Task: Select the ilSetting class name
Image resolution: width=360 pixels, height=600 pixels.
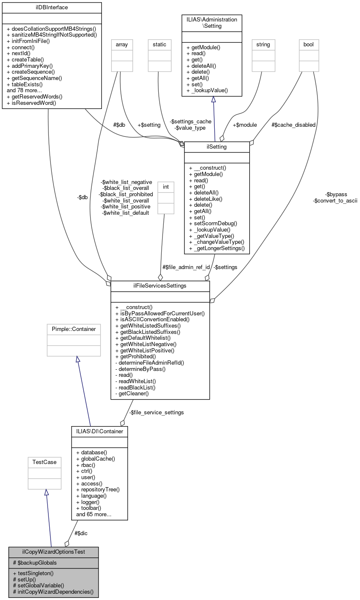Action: (x=217, y=147)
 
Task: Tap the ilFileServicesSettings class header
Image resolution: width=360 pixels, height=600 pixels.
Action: (x=160, y=286)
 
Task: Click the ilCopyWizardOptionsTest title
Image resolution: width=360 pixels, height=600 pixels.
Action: (x=53, y=552)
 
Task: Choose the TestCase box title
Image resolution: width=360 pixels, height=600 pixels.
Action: (x=45, y=462)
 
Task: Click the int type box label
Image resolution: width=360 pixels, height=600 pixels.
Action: (x=165, y=186)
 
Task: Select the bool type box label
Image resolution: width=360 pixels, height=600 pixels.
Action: (x=309, y=44)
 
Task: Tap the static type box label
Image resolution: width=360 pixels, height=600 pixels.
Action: (x=160, y=44)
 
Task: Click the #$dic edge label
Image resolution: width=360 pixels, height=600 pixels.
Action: (x=81, y=533)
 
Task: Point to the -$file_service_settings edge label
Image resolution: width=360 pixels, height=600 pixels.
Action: (x=156, y=412)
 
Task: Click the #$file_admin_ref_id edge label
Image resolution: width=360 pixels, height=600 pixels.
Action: (x=186, y=267)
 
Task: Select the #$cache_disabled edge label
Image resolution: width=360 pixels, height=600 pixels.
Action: (x=293, y=125)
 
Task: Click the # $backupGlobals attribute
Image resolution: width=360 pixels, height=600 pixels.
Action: (x=35, y=563)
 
